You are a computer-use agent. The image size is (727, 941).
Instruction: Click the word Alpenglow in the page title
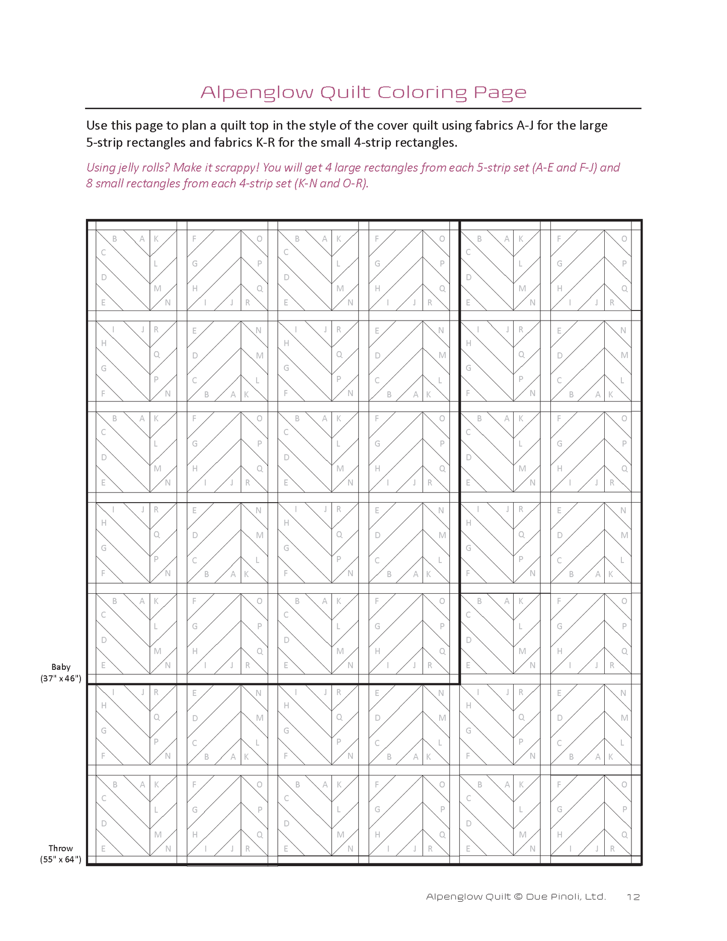coord(257,93)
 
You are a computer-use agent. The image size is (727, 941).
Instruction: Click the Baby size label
coord(61,667)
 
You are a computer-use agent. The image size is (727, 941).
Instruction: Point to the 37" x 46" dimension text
coord(61,678)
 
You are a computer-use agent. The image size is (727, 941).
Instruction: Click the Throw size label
coord(61,848)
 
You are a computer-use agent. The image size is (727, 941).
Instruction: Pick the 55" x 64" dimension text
coord(61,859)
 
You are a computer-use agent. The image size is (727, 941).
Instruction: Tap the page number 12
coord(633,897)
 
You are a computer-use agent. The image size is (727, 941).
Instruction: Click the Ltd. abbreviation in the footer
coord(595,897)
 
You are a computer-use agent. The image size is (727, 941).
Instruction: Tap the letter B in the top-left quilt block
coord(115,239)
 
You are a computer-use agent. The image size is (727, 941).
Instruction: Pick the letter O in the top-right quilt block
coord(624,239)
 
